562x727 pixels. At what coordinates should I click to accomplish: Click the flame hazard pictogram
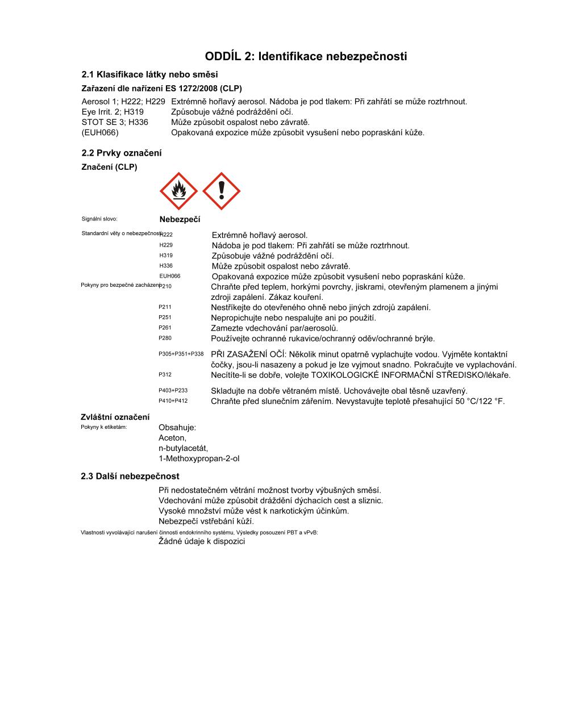179,191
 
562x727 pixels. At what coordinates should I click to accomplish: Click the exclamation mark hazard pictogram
222,191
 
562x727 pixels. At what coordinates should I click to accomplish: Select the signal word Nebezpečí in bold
180,219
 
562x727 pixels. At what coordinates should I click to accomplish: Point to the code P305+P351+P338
181,354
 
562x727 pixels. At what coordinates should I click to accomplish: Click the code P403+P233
173,391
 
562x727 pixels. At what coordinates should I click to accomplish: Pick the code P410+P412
173,401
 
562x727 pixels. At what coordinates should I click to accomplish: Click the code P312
165,375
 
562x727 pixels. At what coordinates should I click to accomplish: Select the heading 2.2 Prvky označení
122,153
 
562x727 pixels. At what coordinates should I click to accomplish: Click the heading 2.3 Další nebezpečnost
130,477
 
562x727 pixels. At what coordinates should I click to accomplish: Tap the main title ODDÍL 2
306,56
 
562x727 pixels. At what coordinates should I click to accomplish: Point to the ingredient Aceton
172,438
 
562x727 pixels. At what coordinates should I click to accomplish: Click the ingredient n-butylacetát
183,448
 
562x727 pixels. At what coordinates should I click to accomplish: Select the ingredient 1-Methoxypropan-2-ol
199,458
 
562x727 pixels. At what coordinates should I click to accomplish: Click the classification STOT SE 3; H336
115,122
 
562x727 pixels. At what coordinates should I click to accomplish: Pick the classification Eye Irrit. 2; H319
113,112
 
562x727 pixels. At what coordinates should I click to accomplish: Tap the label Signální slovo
99,219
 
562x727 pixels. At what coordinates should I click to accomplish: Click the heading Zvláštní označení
115,417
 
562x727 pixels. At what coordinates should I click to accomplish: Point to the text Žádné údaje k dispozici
202,541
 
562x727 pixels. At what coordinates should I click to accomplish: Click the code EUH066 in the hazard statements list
170,276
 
